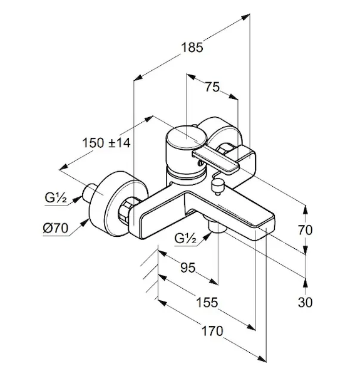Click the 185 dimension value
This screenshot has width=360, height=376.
pyautogui.click(x=192, y=47)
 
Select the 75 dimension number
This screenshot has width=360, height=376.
pyautogui.click(x=212, y=87)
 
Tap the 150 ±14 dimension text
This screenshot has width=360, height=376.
pyautogui.click(x=106, y=143)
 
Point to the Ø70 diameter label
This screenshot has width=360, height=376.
pyautogui.click(x=56, y=228)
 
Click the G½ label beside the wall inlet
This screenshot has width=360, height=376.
pyautogui.click(x=56, y=198)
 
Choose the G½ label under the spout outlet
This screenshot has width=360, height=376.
pyautogui.click(x=185, y=238)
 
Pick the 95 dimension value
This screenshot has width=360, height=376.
pyautogui.click(x=188, y=268)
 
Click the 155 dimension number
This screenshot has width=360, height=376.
pyautogui.click(x=207, y=302)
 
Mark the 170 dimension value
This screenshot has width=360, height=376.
pyautogui.click(x=212, y=331)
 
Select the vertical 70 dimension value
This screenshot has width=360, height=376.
pyautogui.click(x=305, y=230)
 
